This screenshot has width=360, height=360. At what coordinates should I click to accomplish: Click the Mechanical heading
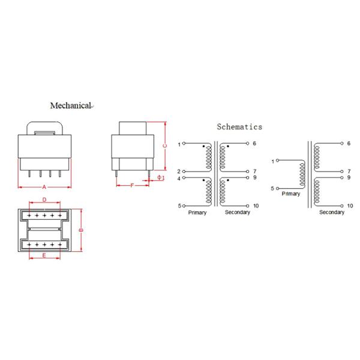[71, 106]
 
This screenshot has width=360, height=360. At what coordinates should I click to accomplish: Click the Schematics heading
[239, 127]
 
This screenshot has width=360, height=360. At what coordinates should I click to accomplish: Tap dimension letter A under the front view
[44, 187]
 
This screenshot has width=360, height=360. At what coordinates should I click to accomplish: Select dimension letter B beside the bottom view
[81, 230]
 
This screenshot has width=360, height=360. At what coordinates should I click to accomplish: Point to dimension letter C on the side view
[164, 146]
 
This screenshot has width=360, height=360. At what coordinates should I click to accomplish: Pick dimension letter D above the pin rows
[44, 200]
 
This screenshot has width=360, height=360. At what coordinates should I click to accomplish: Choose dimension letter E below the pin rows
[44, 256]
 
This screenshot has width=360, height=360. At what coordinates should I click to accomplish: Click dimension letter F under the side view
[132, 185]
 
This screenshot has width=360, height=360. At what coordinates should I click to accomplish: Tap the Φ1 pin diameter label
[161, 178]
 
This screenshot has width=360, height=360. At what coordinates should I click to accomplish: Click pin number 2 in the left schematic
[179, 171]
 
